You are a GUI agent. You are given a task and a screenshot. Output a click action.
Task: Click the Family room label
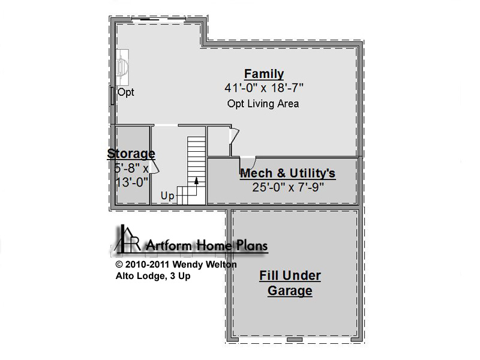[x=264, y=74]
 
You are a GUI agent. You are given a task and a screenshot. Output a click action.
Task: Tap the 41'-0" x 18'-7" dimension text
[x=264, y=88]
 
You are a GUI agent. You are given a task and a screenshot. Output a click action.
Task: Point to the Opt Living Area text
[x=263, y=104]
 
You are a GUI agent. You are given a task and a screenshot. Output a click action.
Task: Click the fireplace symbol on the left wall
[x=122, y=67]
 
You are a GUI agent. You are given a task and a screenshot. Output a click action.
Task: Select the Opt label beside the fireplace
[x=126, y=92]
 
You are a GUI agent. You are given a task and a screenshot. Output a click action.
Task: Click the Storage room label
[x=131, y=154]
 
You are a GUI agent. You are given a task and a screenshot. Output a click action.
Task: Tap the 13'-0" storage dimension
[x=132, y=182]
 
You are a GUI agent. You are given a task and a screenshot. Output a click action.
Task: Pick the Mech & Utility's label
[x=288, y=173]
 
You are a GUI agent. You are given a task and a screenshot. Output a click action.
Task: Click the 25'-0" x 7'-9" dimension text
[x=288, y=187]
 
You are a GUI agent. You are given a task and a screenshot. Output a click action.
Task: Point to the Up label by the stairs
[x=167, y=196]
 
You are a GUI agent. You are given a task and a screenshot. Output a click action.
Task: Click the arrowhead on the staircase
[x=196, y=181]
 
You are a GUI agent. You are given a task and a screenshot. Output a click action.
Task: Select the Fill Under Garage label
[x=290, y=283]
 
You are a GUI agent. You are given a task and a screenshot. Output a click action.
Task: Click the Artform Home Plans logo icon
[x=127, y=238]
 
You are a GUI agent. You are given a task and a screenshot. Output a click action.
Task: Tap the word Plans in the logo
[x=252, y=245]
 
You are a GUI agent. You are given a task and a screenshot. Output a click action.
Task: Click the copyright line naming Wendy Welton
[x=176, y=264]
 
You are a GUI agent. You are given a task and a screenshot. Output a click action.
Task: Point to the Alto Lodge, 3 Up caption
[x=153, y=276]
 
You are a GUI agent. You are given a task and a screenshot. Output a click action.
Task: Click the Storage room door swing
[x=155, y=168]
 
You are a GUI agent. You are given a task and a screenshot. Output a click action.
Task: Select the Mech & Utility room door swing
[x=247, y=162]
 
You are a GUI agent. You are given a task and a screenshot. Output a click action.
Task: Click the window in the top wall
[x=159, y=20]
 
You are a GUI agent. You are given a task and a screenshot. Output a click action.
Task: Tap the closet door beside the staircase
[x=234, y=136]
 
